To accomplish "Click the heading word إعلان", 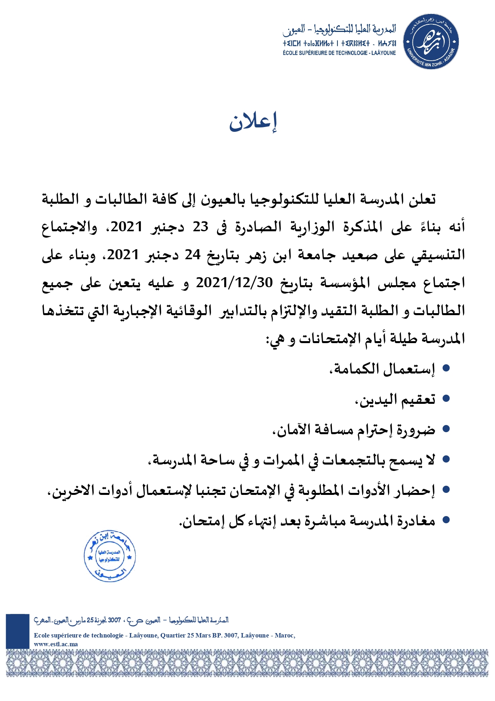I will point(253,122).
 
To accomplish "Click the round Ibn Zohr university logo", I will point(431,42).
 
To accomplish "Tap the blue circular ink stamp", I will point(110,556).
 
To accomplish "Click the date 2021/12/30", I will point(234,283).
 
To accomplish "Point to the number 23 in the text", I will point(201,227).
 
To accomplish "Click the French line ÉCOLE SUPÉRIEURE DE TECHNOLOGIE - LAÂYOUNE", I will point(339,53).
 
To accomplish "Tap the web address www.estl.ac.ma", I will point(56,644).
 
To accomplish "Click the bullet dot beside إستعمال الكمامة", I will point(446,368).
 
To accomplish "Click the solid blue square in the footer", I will point(18,631).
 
